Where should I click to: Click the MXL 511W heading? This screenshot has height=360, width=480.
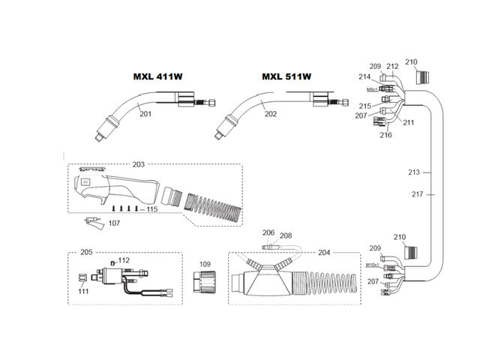pos(287,76)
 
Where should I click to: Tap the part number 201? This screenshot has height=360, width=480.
pos(145,114)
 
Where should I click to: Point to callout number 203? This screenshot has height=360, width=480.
pos(138,163)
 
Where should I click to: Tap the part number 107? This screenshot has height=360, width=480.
pos(114,223)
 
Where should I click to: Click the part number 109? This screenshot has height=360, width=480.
pos(205,265)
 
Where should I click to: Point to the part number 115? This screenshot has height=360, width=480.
pos(151,208)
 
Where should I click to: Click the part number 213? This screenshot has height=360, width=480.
pos(414,172)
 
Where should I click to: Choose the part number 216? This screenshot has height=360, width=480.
pos(385,136)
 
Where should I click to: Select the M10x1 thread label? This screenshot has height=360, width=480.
pos(372,265)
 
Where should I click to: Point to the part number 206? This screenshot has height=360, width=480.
pos(268,233)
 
